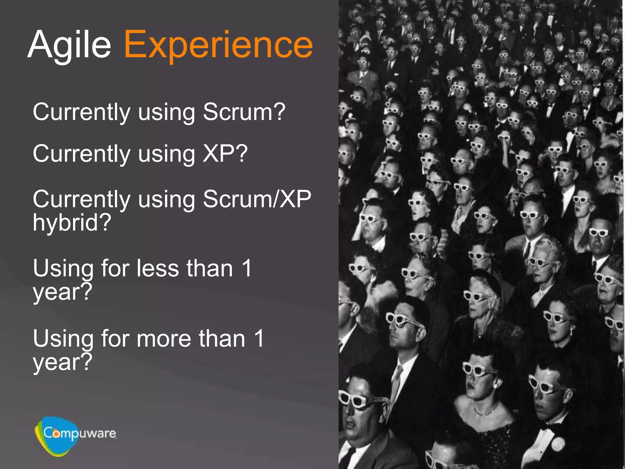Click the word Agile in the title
click(70, 45)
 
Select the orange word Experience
click(219, 45)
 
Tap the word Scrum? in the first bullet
click(244, 112)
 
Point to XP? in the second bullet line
click(225, 153)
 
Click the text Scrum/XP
click(257, 199)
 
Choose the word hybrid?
click(72, 222)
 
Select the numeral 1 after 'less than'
click(247, 268)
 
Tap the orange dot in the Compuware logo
click(56, 434)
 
